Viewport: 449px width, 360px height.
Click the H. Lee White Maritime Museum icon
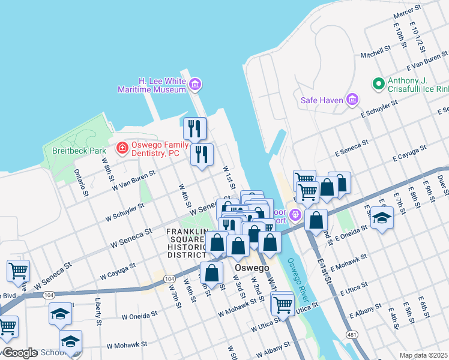[x=194, y=85]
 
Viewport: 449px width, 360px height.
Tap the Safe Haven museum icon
[x=352, y=99]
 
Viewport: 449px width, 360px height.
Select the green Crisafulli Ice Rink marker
[x=378, y=85]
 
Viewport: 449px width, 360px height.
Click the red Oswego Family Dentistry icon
[x=122, y=147]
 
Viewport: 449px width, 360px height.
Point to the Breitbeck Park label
[x=79, y=151]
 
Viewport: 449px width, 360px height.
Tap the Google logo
[x=20, y=353]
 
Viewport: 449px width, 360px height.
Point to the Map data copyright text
[x=424, y=355]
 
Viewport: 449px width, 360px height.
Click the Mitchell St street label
[x=375, y=52]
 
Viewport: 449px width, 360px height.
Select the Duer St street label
[x=441, y=182]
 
